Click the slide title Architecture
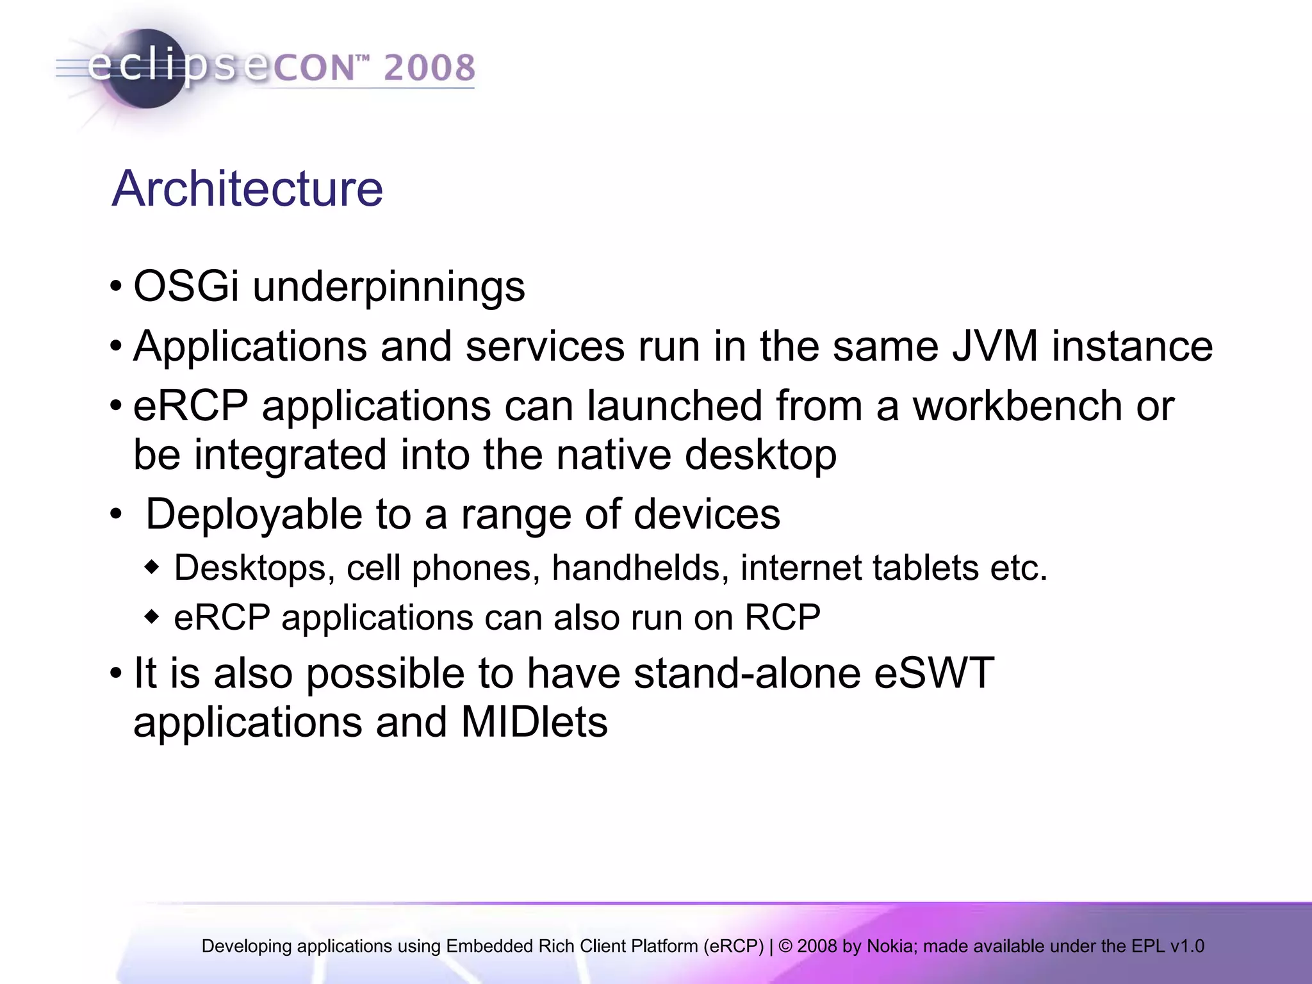pos(247,189)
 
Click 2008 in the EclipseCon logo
pos(429,68)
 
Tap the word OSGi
pos(186,286)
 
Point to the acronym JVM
pos(994,347)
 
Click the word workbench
pos(1017,406)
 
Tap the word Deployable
pos(254,515)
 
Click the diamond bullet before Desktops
pos(151,568)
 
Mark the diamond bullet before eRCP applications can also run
pos(151,618)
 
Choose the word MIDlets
pos(534,723)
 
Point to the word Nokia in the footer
pos(892,946)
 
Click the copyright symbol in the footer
pos(785,946)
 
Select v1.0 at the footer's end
pos(1187,946)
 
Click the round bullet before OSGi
pos(116,286)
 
